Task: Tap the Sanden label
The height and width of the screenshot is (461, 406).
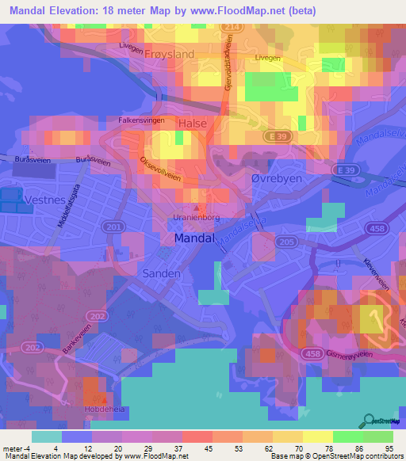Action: coord(162,272)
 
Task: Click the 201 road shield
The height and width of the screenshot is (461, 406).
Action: coord(114,228)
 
